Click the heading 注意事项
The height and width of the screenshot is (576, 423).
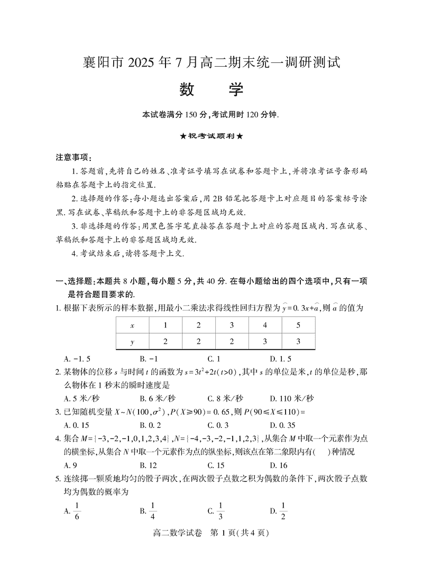[x=73, y=158]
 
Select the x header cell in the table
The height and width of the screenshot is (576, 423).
[x=132, y=325]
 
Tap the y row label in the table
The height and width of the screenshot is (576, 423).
[x=132, y=341]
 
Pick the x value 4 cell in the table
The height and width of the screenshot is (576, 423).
[x=265, y=325]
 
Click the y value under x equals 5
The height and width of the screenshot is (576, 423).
[x=298, y=341]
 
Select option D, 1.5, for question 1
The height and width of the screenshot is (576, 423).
[x=280, y=358]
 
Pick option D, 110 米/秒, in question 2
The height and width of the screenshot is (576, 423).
[x=291, y=398]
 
